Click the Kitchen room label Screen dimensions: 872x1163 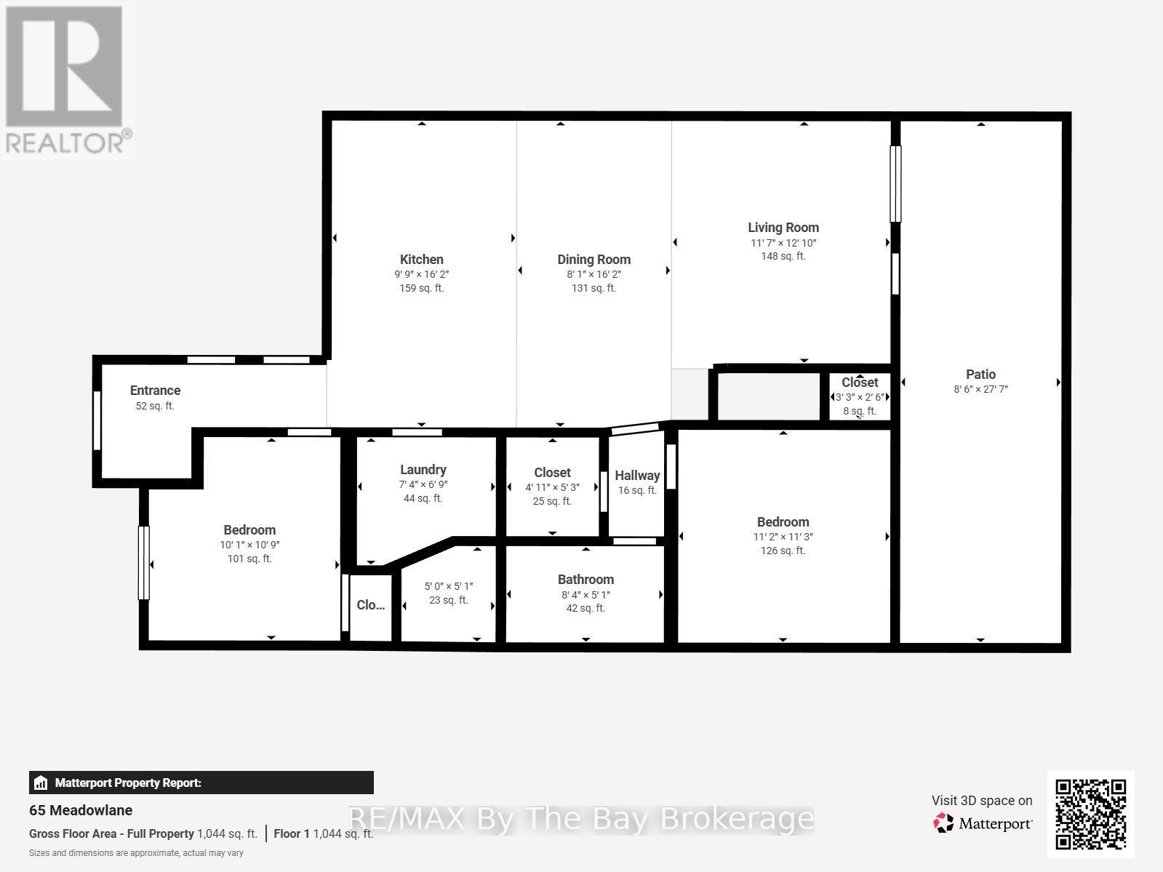(x=421, y=260)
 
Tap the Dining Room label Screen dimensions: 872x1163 (x=594, y=260)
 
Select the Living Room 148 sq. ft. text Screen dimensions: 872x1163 (x=783, y=256)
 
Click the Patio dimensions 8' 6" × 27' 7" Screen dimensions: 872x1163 (x=980, y=389)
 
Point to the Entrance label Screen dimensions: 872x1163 (x=155, y=391)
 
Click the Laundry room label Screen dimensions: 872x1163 (x=423, y=470)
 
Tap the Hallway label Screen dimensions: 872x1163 (x=637, y=476)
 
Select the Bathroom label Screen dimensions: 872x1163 (x=586, y=580)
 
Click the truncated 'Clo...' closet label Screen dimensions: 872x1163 (x=371, y=605)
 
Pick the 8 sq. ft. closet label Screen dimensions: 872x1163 (x=860, y=411)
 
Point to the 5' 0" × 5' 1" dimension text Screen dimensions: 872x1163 (x=449, y=586)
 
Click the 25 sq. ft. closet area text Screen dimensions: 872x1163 (x=552, y=501)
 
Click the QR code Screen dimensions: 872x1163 (x=1090, y=814)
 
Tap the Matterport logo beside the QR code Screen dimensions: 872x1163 (x=983, y=823)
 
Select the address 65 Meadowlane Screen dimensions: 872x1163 (x=81, y=810)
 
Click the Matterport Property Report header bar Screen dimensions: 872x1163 (x=201, y=783)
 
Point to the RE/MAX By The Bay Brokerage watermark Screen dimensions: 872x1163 (x=580, y=819)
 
